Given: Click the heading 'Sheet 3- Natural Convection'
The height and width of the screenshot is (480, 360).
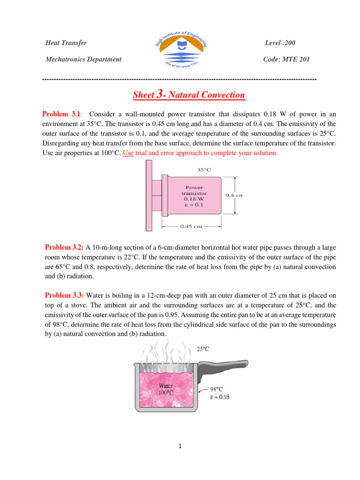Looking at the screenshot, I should click(189, 95).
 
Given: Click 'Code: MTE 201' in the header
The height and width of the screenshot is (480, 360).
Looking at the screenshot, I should click(287, 59).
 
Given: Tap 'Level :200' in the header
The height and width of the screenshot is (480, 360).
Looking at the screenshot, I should click(280, 43).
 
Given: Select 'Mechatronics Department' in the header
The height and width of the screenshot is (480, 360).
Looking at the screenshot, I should click(83, 59).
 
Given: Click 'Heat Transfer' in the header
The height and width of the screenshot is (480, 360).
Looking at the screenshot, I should click(66, 43).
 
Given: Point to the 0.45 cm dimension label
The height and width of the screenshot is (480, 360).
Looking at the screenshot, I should click(191, 226).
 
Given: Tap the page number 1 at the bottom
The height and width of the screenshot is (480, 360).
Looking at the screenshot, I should click(180, 446).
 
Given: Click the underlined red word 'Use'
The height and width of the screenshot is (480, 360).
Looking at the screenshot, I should click(128, 153).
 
